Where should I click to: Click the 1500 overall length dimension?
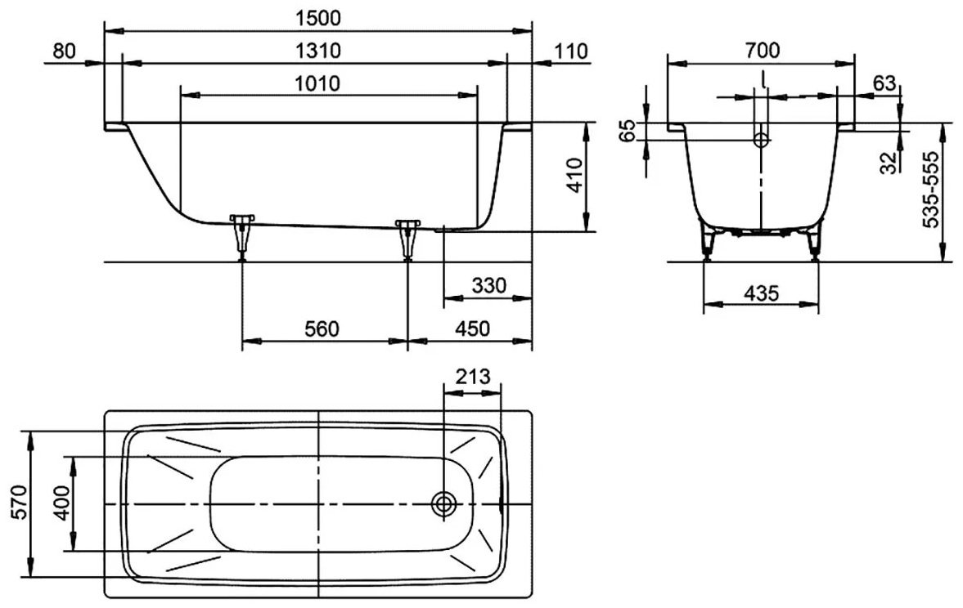[x=317, y=18]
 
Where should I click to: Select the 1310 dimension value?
[x=317, y=51]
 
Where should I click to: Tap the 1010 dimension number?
[x=317, y=83]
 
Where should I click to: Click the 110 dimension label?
[x=570, y=51]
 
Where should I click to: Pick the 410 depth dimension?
[x=574, y=176]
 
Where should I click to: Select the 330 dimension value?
[x=489, y=285]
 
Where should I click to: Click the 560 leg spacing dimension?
[x=322, y=329]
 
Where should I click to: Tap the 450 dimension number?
[x=473, y=329]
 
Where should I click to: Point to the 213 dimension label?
[x=473, y=375]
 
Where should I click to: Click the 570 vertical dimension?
[x=19, y=503]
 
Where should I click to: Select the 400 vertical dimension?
[x=63, y=503]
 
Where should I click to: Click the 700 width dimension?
[x=763, y=51]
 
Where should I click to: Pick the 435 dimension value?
[x=761, y=294]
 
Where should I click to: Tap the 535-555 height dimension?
[x=932, y=190]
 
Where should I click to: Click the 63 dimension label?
[x=884, y=83]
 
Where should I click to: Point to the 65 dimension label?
[x=627, y=132]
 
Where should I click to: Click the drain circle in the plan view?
[x=443, y=504]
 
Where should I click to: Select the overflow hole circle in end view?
[x=762, y=141]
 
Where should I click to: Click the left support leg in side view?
[x=242, y=237]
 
